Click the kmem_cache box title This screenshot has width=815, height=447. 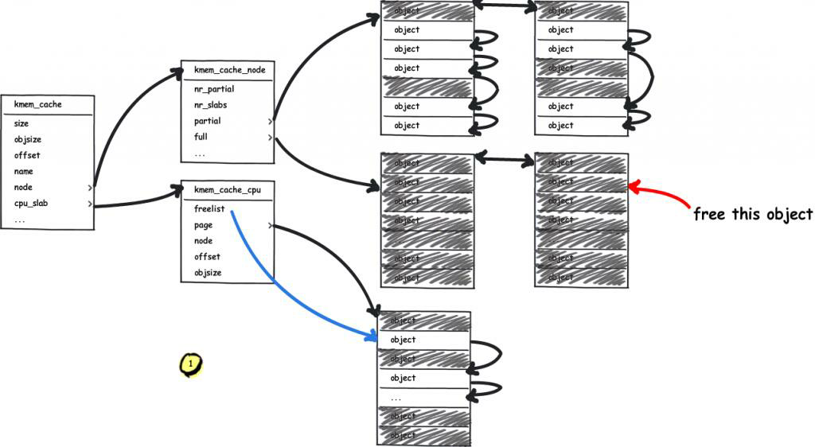point(38,104)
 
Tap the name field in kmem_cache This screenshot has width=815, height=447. point(24,171)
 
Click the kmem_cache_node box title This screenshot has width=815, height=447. point(229,70)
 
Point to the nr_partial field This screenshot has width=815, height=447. point(214,89)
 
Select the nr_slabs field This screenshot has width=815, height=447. point(212,105)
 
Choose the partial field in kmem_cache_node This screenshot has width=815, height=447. point(208,121)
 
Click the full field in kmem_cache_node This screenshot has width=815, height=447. point(201,137)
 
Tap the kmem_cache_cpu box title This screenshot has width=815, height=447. point(228,190)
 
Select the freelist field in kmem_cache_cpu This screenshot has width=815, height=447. point(209,209)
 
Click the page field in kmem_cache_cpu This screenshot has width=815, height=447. point(203,225)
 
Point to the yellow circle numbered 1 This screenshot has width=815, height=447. point(190,363)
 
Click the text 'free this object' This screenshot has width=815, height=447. point(753,215)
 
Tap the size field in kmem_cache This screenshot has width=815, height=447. point(21,123)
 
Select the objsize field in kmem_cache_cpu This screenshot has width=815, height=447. point(208,273)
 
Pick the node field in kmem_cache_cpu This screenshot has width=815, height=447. point(203,241)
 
